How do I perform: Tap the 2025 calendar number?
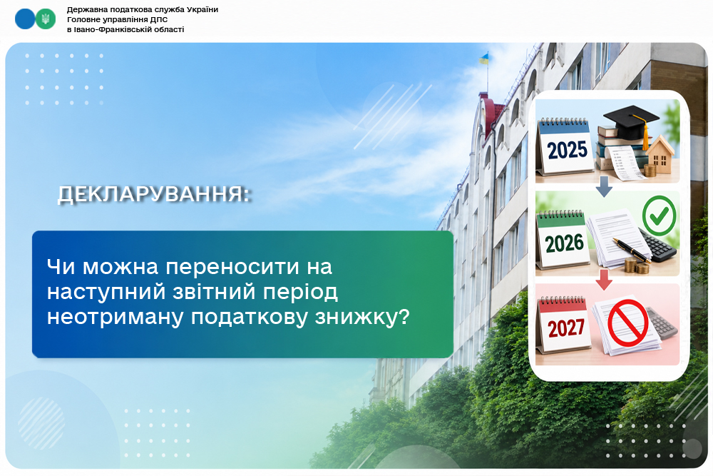[x=567, y=150]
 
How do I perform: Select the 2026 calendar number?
[x=564, y=243]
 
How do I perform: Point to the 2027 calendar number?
[x=565, y=328]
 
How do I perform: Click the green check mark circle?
[x=659, y=216]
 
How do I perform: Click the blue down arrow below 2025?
[x=604, y=186]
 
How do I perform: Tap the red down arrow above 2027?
[x=604, y=280]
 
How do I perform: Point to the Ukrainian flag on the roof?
[x=483, y=59]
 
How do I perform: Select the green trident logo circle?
[x=46, y=19]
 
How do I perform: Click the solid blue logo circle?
[x=25, y=19]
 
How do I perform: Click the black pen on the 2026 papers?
[x=632, y=250]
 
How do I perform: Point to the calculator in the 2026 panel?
[x=657, y=245]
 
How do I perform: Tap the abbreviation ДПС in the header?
[x=159, y=19]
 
